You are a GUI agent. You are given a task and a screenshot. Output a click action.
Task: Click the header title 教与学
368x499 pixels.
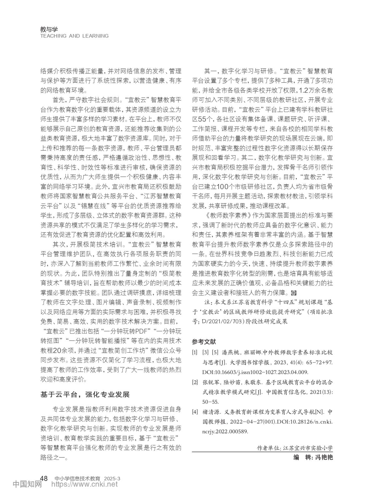click(49, 29)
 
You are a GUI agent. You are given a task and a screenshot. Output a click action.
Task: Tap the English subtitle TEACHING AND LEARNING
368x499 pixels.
click(74, 36)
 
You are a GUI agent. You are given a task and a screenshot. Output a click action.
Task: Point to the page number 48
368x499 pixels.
click(44, 478)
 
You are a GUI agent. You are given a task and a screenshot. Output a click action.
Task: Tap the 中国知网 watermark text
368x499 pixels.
click(27, 484)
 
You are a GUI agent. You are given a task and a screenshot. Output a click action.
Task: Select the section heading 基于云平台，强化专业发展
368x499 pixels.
click(85, 395)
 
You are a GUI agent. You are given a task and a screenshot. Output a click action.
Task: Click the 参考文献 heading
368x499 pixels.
click(204, 342)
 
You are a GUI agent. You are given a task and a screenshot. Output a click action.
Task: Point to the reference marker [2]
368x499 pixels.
click(195, 382)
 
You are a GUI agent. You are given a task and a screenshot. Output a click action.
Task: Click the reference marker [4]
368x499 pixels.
click(195, 412)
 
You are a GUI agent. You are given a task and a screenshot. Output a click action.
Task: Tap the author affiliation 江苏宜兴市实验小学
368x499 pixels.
click(308, 448)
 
